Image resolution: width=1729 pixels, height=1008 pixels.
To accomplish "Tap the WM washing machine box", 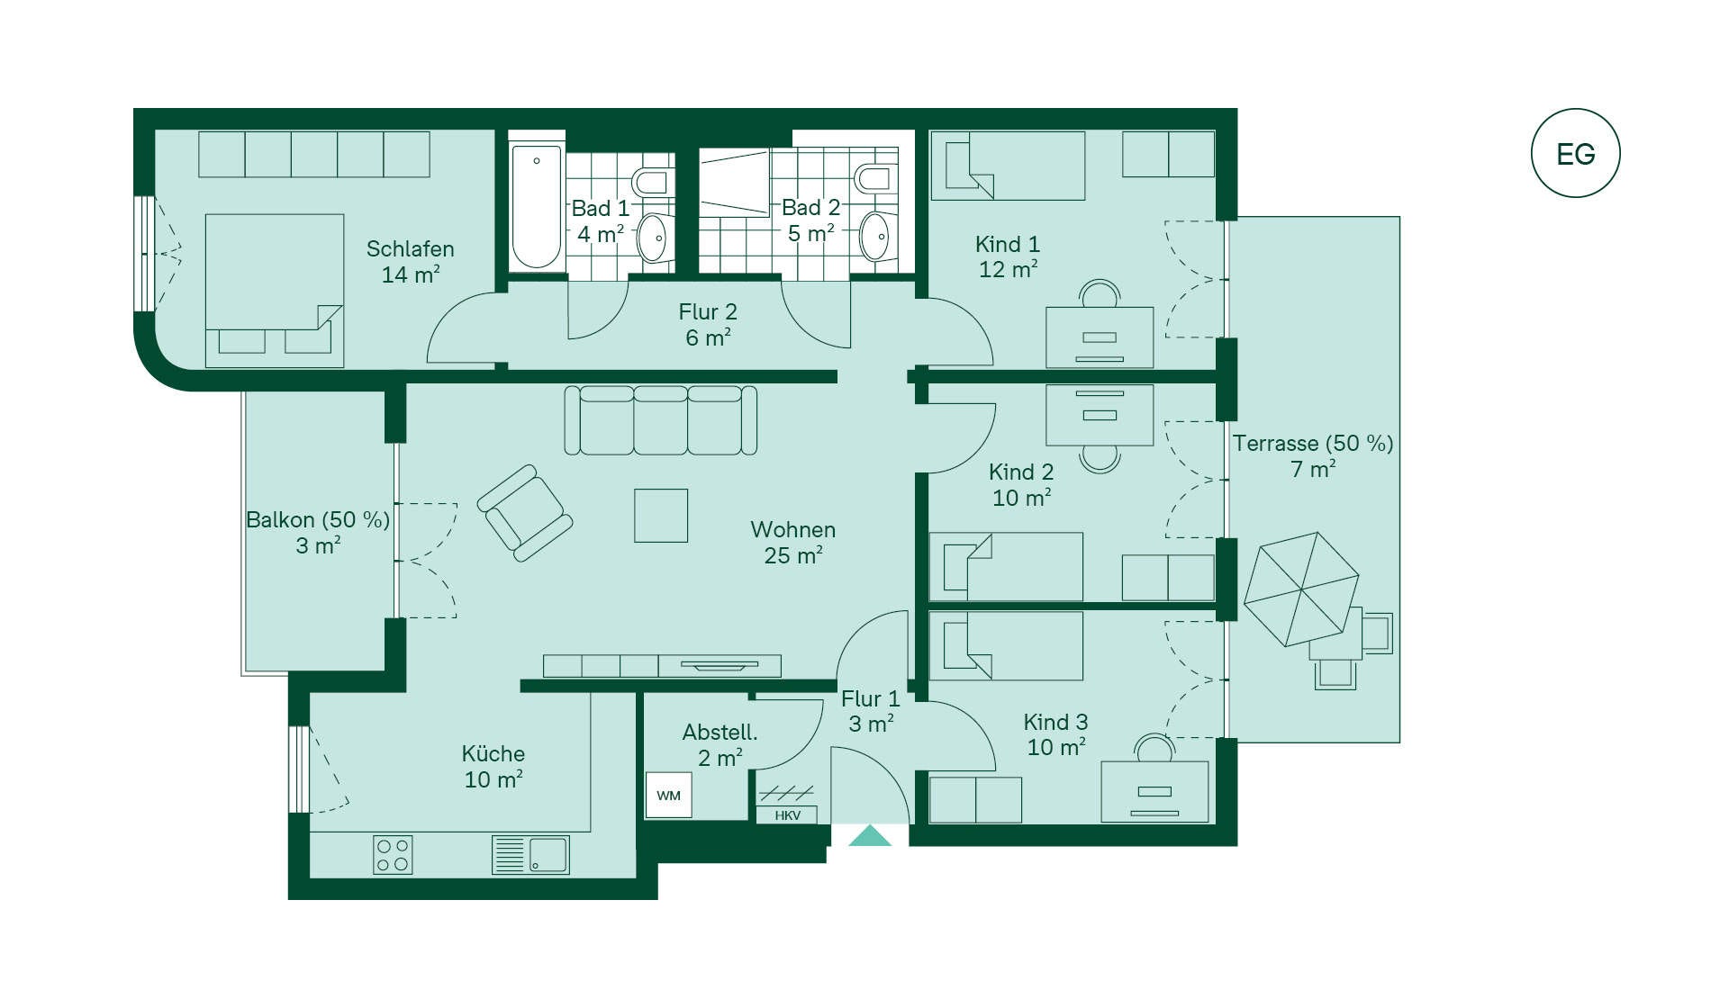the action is click(668, 795).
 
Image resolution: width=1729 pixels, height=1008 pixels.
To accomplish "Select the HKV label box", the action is click(787, 815).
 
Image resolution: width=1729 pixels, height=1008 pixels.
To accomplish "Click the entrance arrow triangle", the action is click(870, 836).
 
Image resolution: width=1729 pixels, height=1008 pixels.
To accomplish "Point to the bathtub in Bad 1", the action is click(537, 207).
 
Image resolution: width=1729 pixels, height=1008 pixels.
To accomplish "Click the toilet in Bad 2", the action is click(874, 178).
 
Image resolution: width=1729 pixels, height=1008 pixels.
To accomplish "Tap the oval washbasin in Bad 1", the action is click(653, 238).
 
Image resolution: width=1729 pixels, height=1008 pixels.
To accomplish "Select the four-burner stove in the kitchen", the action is click(393, 855).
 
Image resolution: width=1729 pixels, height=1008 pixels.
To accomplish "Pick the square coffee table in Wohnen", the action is click(661, 516).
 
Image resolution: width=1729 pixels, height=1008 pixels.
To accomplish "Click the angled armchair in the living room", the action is click(525, 513).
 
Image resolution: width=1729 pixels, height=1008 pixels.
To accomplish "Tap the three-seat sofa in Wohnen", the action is click(661, 420).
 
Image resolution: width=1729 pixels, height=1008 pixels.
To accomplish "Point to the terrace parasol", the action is click(1301, 589).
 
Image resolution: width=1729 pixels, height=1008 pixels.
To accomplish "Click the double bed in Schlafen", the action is click(275, 291).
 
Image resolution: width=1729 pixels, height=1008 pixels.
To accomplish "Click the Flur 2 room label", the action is click(708, 325).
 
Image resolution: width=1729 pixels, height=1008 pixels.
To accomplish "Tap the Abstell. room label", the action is click(720, 745).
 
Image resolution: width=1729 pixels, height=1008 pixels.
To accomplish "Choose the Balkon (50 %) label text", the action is click(318, 520).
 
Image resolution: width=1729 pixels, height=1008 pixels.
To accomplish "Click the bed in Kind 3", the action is click(1006, 646).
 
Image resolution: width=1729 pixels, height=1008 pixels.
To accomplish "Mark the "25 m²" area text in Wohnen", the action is click(793, 556).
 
